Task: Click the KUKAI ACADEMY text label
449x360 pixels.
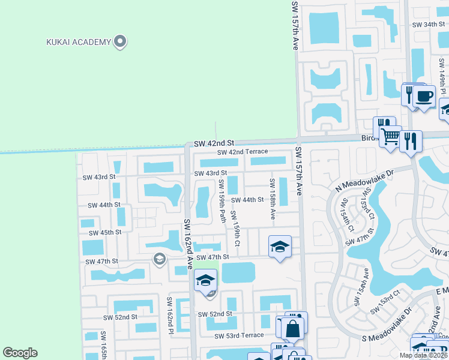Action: tap(79, 42)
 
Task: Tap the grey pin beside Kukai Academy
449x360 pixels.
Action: tap(120, 41)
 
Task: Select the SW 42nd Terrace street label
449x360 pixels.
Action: tap(243, 152)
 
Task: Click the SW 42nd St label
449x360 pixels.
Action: tap(213, 143)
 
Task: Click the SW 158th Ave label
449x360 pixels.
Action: tap(273, 197)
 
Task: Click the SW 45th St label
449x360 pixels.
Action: tap(105, 232)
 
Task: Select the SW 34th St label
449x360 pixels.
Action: tap(430, 25)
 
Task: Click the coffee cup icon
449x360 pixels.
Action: tap(424, 96)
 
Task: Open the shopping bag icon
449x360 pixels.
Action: tap(292, 328)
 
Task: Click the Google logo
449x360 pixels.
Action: tap(20, 353)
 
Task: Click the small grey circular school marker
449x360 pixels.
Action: tap(159, 259)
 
